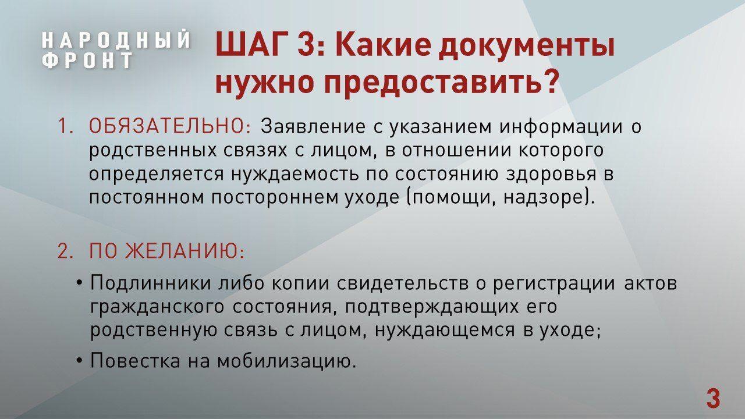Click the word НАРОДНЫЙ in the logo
(x=116, y=40)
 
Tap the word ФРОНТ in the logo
(x=87, y=60)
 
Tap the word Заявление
(x=313, y=126)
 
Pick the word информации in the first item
(x=560, y=127)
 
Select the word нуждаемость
(x=295, y=174)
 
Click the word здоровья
(x=551, y=174)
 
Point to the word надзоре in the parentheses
(x=544, y=198)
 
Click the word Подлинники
(x=150, y=283)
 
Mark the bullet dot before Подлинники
(x=79, y=283)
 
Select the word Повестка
(x=135, y=360)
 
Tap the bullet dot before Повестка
(x=79, y=361)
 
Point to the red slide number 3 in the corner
(x=714, y=399)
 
